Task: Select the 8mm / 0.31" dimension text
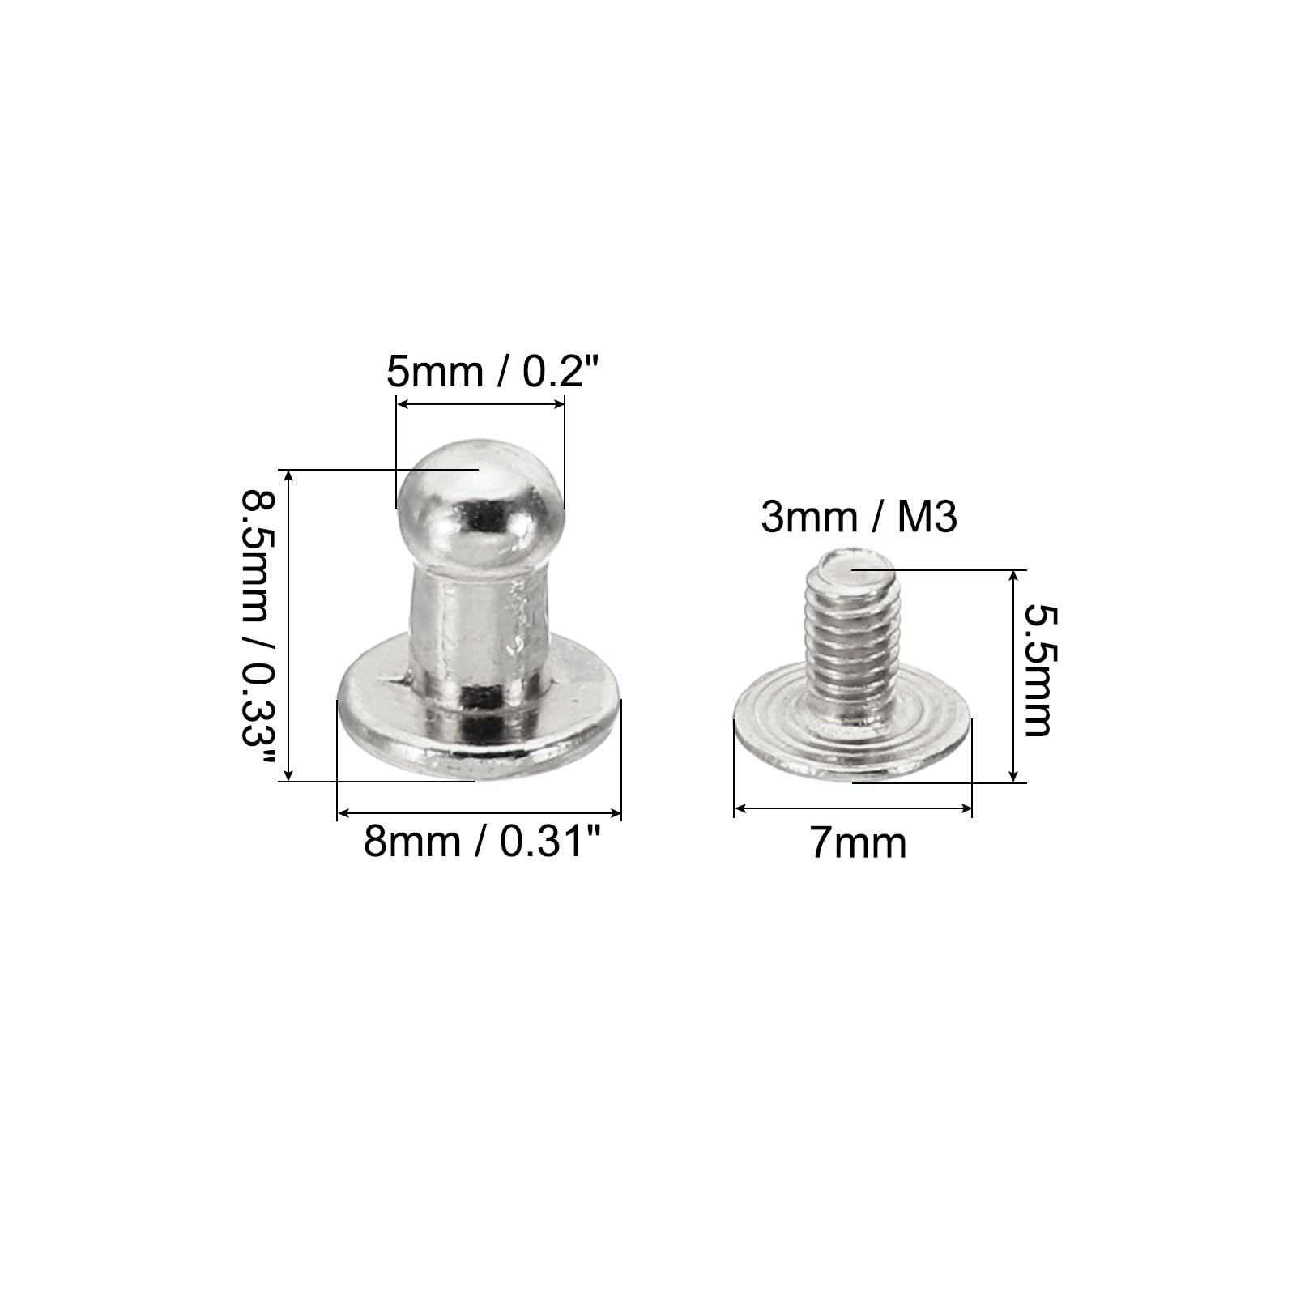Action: tap(484, 842)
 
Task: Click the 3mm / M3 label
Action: tap(859, 517)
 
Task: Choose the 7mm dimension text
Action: tap(859, 843)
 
